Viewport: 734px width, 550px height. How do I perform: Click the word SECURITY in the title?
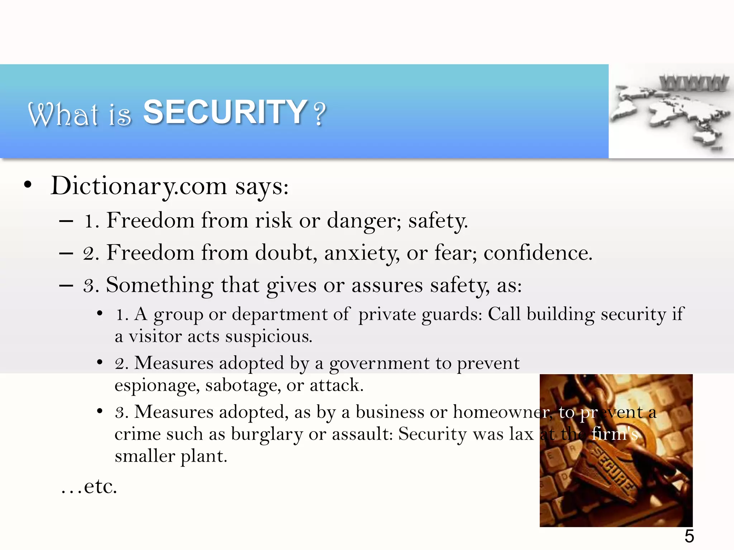pos(225,112)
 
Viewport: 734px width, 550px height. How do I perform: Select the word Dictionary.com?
pos(139,186)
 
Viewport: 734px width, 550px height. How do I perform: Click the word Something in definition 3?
pos(159,285)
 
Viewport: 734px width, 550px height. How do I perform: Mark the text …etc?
pos(89,487)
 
